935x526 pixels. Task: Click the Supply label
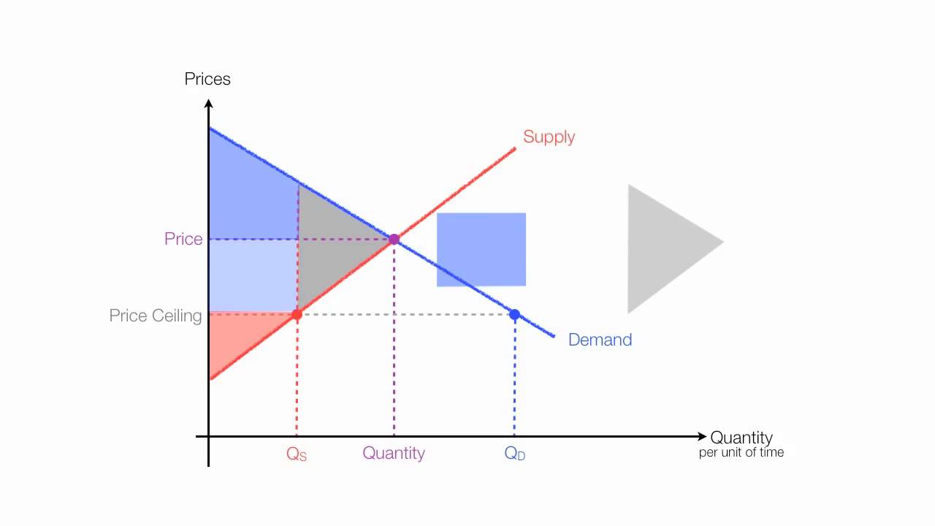[x=549, y=137]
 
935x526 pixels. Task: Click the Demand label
[x=600, y=340]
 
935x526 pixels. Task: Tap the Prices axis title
[x=207, y=79]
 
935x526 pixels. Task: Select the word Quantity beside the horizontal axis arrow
[x=741, y=438]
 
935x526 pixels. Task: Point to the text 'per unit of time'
[x=741, y=453]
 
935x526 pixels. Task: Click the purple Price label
[x=183, y=239]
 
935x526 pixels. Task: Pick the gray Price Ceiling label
[x=156, y=316]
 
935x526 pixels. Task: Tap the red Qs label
[x=297, y=454]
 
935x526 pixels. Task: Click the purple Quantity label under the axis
[x=394, y=453]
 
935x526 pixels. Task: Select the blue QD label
[x=515, y=454]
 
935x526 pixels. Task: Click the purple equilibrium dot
[x=394, y=239]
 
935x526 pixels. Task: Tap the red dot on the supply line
[x=297, y=315]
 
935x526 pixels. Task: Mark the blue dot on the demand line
[x=514, y=315]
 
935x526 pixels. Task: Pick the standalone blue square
[x=481, y=249]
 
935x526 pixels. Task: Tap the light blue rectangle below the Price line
[x=253, y=275]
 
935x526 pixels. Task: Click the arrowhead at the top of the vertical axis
[x=209, y=104]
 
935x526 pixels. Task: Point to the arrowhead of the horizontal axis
[x=703, y=437]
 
